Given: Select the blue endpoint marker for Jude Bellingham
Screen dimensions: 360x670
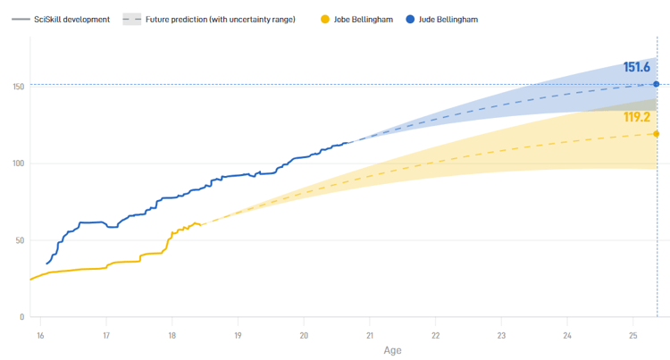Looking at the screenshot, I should tap(657, 84).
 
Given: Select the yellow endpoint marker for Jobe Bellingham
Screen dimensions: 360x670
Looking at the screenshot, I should tap(657, 134).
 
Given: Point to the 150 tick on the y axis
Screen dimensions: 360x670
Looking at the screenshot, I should tap(18, 87).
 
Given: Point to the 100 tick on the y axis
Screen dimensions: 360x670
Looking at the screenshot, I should tap(18, 163).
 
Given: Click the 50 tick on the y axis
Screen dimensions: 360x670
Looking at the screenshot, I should tap(20, 240).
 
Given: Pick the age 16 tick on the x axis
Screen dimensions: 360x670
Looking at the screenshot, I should tap(40, 335).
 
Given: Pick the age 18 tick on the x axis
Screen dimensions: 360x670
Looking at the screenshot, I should tap(172, 335).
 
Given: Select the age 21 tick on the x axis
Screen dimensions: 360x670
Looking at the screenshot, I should tap(370, 335).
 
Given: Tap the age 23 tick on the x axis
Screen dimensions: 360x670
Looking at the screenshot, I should tap(501, 335).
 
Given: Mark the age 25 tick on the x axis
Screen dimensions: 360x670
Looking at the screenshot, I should tap(633, 335).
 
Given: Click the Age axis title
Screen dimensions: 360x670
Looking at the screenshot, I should tap(392, 351).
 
